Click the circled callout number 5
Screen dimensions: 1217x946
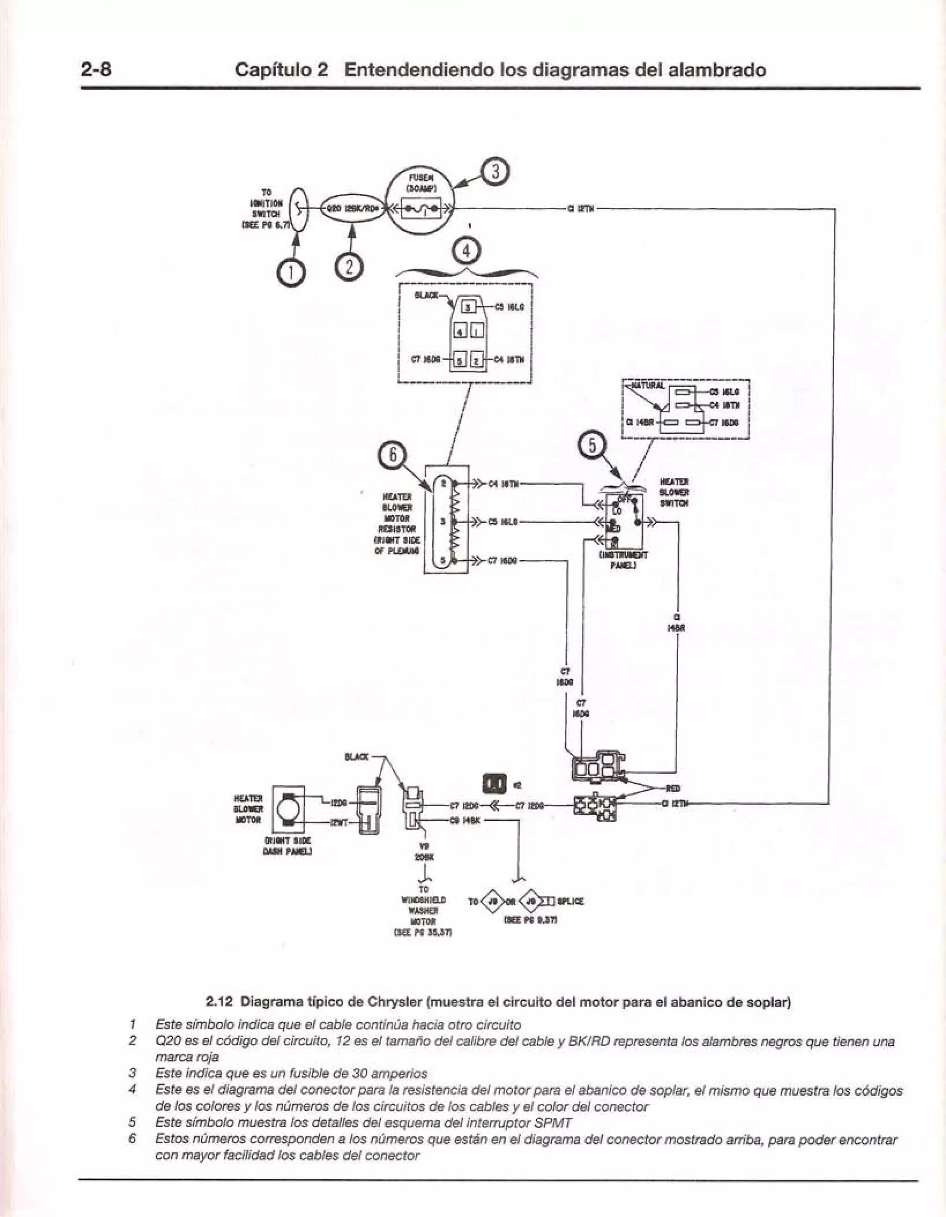pos(593,446)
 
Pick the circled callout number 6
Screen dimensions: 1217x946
pos(393,455)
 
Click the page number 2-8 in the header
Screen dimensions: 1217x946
pos(97,70)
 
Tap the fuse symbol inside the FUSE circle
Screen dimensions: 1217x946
pos(422,209)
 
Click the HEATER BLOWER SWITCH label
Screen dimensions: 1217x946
pos(674,492)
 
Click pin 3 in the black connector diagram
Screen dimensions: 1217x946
pos(469,307)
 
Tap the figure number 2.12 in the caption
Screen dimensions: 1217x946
pos(221,986)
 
